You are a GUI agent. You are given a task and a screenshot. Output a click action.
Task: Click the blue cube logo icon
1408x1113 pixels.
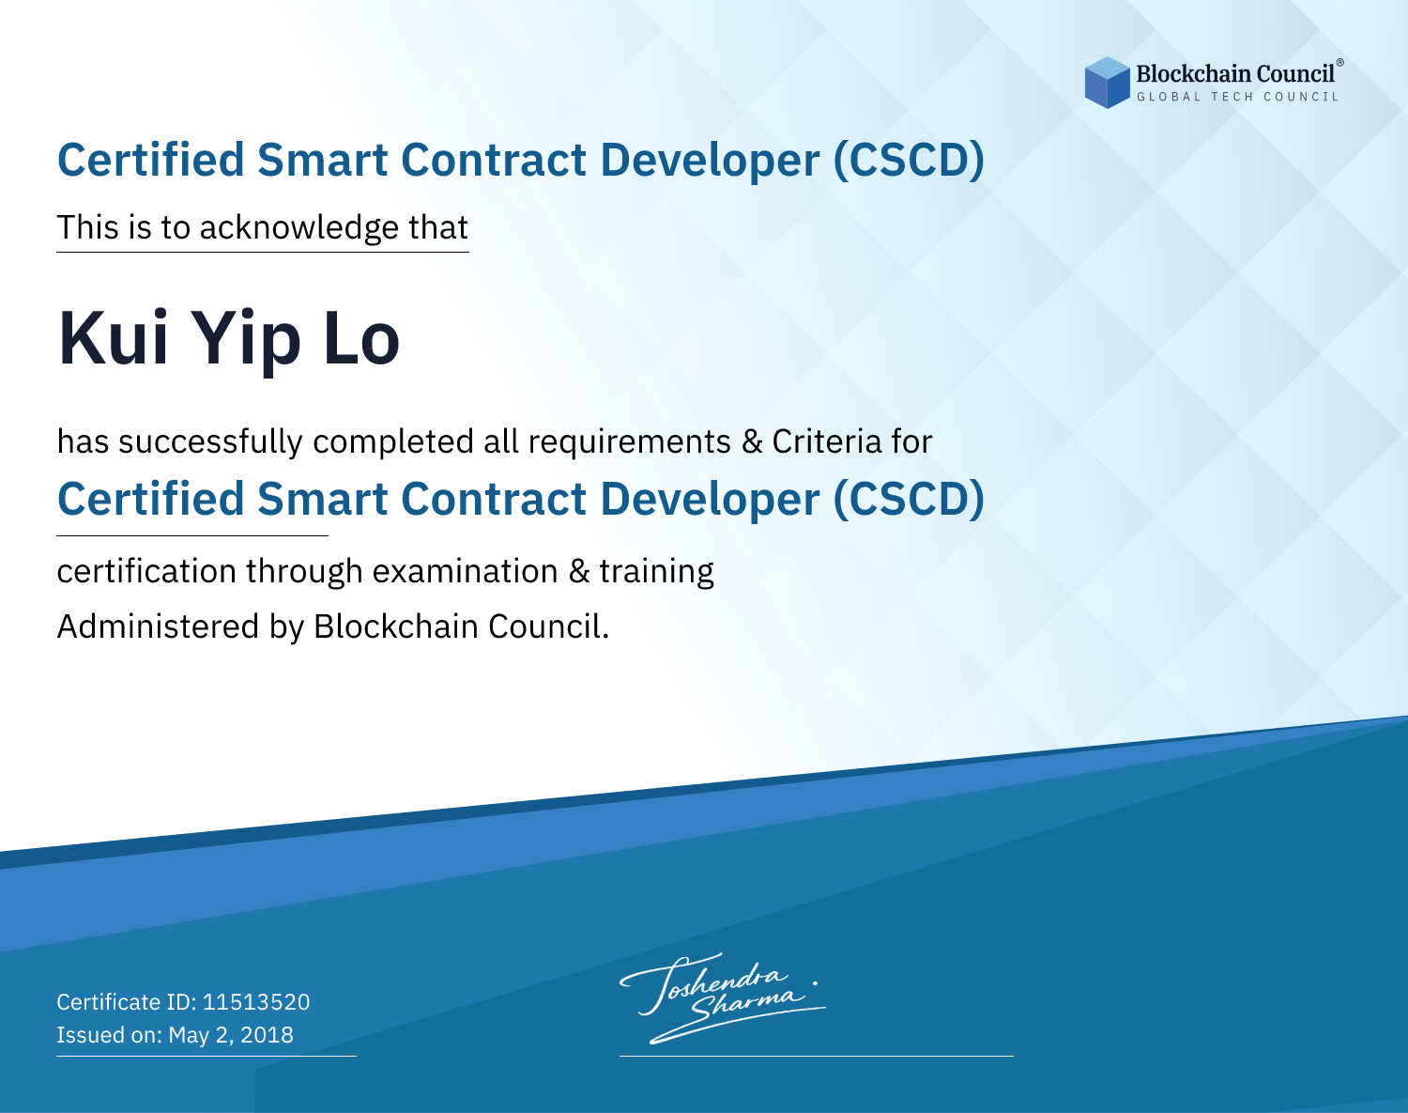[1107, 83]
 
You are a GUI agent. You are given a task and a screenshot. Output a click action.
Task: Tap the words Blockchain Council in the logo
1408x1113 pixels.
[1235, 74]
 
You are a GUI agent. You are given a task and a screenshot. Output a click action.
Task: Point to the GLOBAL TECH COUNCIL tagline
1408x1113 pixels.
[1237, 97]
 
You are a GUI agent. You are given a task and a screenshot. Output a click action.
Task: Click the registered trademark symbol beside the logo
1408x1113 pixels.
[1340, 63]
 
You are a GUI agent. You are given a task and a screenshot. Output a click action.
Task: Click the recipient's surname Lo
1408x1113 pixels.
[361, 339]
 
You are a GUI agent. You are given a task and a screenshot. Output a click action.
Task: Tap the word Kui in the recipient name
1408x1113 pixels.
[114, 338]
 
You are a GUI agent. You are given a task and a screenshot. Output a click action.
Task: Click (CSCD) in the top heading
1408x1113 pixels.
[909, 161]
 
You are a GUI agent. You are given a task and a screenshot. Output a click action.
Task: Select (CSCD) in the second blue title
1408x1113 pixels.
[909, 501]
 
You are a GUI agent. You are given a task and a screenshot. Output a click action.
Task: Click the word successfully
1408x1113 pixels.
[210, 442]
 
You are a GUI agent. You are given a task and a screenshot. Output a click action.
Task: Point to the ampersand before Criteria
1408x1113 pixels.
[752, 441]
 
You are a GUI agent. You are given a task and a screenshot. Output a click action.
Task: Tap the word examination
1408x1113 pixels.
[466, 571]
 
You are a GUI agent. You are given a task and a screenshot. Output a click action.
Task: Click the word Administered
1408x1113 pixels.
[159, 626]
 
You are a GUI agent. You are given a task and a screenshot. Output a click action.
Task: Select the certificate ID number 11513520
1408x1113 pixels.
[256, 1001]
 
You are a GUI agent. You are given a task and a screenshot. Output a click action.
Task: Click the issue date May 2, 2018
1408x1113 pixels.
[231, 1035]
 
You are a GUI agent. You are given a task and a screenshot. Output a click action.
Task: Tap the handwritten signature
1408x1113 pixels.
[723, 998]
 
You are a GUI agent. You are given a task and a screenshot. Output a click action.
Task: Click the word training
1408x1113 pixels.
[656, 572]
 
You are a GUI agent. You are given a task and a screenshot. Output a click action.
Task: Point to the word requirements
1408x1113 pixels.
[630, 443]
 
